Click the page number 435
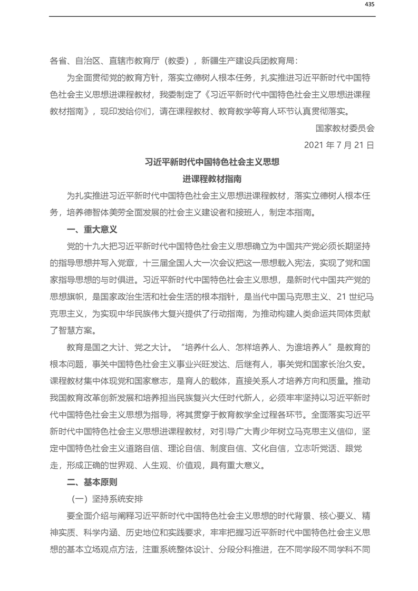(x=369, y=5)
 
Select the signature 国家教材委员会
(x=345, y=128)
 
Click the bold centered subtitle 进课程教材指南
(x=212, y=179)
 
